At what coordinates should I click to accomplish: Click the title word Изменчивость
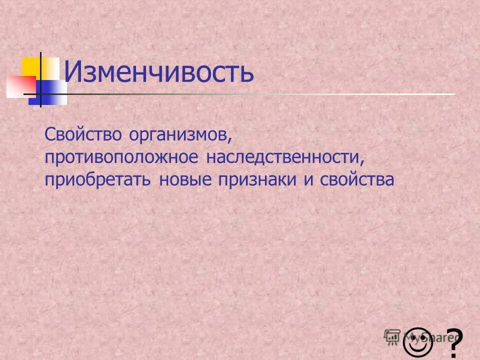(x=159, y=73)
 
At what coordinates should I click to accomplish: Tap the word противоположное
(x=122, y=158)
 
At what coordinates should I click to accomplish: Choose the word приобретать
(x=97, y=180)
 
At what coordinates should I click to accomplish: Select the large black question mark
(x=453, y=342)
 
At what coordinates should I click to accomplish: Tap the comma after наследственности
(x=361, y=162)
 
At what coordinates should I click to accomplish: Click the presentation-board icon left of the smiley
(x=392, y=337)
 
